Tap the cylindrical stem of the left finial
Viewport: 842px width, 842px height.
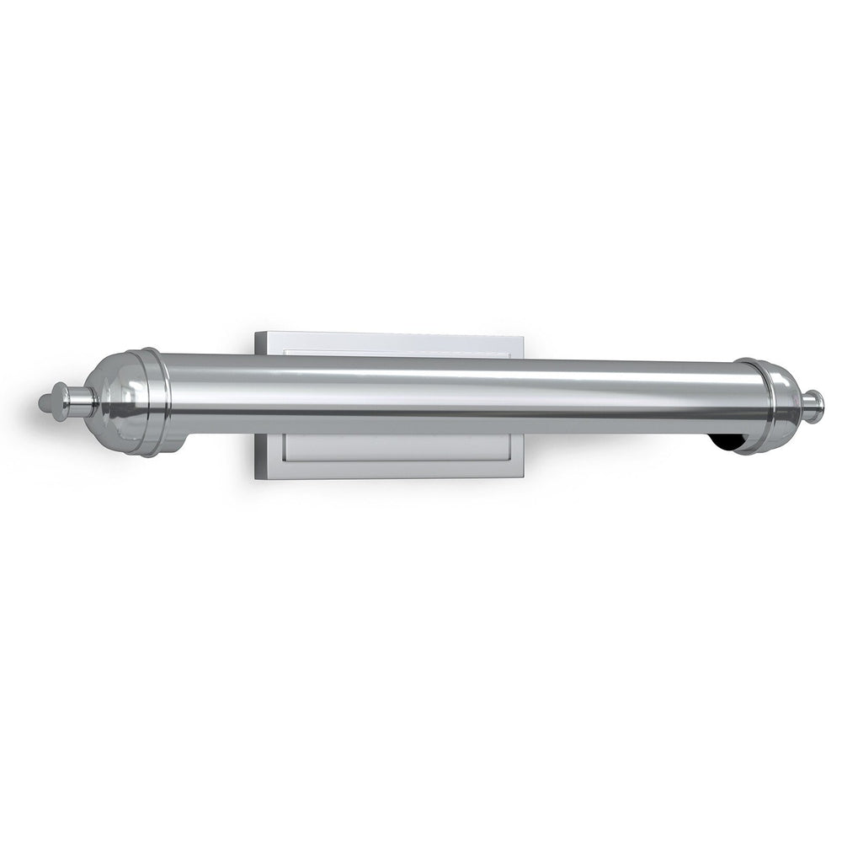coord(78,402)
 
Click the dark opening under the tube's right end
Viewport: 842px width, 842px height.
coord(726,442)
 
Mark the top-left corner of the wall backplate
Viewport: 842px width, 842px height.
coord(256,333)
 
